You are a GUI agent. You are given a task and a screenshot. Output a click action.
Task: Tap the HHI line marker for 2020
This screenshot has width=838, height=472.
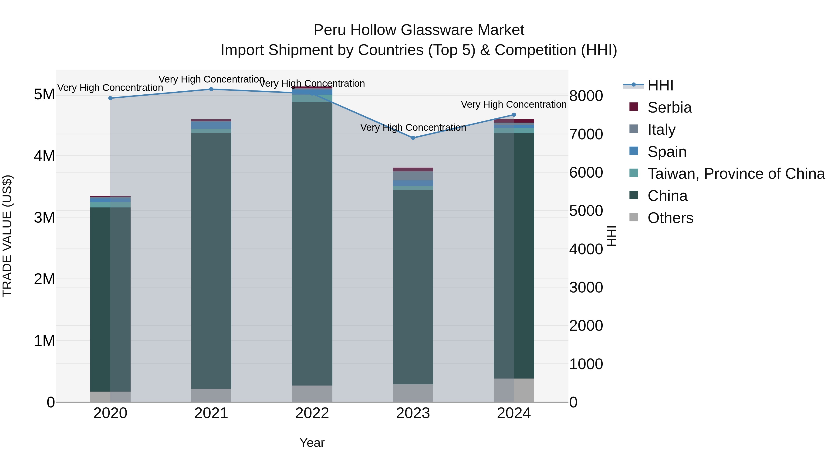tap(110, 98)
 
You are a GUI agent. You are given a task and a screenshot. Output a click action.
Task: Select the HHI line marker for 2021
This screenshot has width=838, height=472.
tap(211, 89)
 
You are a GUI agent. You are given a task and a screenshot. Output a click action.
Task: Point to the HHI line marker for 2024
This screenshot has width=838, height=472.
tap(514, 115)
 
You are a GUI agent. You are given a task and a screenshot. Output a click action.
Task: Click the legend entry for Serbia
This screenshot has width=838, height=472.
tap(669, 107)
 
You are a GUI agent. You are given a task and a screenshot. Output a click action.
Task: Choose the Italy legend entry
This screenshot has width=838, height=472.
tap(661, 130)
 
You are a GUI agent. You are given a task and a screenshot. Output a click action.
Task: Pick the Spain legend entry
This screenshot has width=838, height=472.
tap(667, 152)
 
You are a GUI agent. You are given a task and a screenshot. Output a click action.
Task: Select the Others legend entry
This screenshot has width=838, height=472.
tap(670, 218)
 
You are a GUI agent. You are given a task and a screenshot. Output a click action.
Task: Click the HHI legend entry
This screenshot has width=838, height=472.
tap(660, 85)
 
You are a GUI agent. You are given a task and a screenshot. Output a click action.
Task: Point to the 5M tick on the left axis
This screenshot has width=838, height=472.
tap(44, 94)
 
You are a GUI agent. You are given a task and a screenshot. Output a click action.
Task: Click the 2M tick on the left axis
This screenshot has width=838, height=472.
tap(44, 279)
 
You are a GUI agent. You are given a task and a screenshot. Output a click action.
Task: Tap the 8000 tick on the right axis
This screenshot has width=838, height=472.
tap(586, 96)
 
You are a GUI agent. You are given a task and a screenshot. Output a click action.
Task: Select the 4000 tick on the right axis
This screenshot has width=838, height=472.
tap(586, 249)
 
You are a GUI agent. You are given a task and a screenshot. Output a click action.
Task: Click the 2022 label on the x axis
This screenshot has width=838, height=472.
tap(312, 413)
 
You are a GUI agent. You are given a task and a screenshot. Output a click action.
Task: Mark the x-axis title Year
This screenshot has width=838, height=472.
tap(312, 443)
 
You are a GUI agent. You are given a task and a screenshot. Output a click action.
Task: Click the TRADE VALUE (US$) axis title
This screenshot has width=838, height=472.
tap(7, 236)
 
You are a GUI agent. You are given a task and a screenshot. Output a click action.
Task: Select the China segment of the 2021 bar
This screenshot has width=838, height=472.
tap(211, 261)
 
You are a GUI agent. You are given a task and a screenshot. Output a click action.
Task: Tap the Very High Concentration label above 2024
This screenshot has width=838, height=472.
tap(514, 105)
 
